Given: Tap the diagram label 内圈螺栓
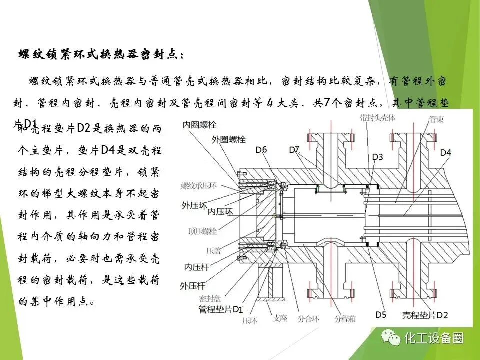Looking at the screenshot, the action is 200,124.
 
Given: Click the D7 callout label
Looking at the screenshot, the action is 294,149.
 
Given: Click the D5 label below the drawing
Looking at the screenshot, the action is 381,314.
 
